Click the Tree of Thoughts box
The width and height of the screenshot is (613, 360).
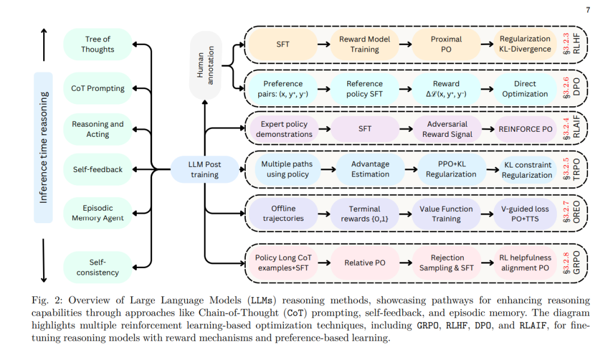(x=98, y=44)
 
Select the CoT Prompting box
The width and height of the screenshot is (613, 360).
(x=98, y=89)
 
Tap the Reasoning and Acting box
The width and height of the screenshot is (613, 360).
(x=98, y=129)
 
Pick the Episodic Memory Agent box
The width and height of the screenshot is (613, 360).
(x=98, y=213)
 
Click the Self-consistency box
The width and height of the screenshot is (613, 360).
(x=98, y=267)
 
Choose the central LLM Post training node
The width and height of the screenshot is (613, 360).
(x=205, y=169)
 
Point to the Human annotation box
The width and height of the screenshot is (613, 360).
(x=205, y=66)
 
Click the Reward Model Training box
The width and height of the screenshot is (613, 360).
(x=364, y=44)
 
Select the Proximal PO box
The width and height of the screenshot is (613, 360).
(x=446, y=44)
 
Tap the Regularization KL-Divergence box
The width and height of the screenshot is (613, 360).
(x=525, y=44)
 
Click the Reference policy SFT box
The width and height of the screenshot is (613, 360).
(x=364, y=89)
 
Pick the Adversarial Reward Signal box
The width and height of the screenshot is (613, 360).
(x=446, y=129)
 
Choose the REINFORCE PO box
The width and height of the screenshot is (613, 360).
(x=525, y=129)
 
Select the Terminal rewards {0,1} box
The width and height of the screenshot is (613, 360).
(x=364, y=214)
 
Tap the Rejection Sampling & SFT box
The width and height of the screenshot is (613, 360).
(x=446, y=262)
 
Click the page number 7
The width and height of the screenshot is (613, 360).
(x=587, y=10)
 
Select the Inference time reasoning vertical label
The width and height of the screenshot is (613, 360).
(x=44, y=147)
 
